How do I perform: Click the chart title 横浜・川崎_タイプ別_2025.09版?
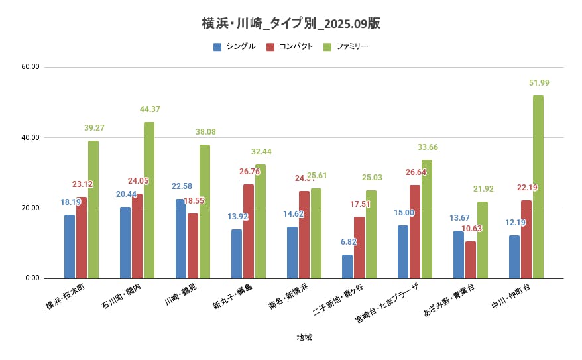[x=291, y=23]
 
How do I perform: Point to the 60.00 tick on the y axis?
[x=30, y=67]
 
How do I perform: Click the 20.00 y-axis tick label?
[x=30, y=208]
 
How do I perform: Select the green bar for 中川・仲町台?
[x=538, y=187]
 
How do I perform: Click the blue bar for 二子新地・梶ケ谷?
[x=347, y=266]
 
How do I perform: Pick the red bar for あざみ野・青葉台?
[x=471, y=259]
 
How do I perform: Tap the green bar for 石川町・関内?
[x=149, y=200]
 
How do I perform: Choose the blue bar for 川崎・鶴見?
[x=181, y=239]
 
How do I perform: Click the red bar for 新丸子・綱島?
[x=249, y=231]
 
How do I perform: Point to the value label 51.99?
[x=539, y=83]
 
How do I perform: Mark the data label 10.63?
[x=471, y=229]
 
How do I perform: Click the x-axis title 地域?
[x=304, y=337]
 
